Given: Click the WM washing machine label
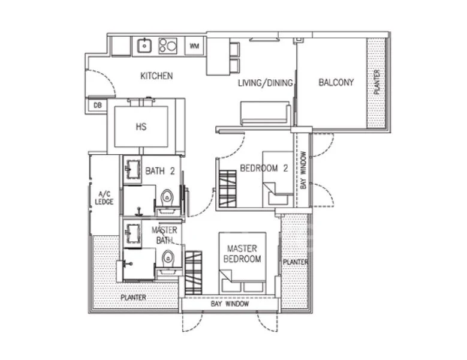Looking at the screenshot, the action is click(x=194, y=46).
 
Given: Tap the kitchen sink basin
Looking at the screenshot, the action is click(x=144, y=46).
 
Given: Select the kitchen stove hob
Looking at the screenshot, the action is click(x=168, y=46).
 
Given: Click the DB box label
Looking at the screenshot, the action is click(x=98, y=105).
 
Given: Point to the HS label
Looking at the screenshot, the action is click(x=141, y=127).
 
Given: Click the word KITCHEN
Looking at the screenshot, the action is click(x=156, y=76).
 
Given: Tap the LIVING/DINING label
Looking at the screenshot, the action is click(x=266, y=83).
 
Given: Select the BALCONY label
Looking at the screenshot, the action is click(x=336, y=82).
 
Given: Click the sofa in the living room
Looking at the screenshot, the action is click(x=265, y=113).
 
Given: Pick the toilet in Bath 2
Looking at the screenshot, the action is click(x=167, y=198).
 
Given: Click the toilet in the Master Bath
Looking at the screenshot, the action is click(x=168, y=258).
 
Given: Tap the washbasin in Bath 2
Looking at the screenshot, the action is click(x=133, y=169).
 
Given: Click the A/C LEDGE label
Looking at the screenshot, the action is click(x=104, y=198).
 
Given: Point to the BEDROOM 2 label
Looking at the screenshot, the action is click(x=264, y=169).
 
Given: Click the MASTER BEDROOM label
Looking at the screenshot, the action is click(x=242, y=254).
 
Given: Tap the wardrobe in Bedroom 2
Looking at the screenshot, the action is click(x=228, y=188).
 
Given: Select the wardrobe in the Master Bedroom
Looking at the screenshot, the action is click(x=194, y=272).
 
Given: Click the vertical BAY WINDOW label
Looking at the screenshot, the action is click(x=303, y=170).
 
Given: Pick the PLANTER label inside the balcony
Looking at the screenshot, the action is click(x=376, y=82).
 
